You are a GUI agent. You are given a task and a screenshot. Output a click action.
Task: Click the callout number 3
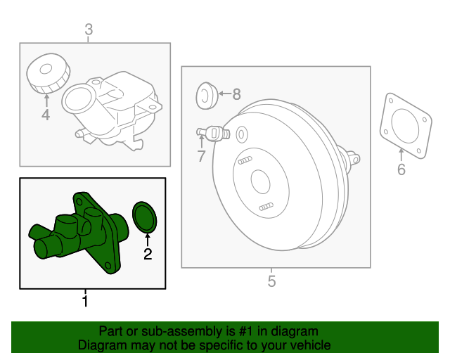(x=89, y=30)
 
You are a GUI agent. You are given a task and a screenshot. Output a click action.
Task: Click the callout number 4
(x=46, y=114)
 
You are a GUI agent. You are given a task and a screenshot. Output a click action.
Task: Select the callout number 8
(x=236, y=94)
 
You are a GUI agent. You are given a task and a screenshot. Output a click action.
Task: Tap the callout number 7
(x=201, y=156)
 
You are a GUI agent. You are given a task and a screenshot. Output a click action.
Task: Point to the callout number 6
(x=401, y=169)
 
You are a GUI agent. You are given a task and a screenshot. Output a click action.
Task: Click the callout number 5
(x=272, y=282)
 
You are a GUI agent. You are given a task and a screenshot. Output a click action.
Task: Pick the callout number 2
(x=148, y=254)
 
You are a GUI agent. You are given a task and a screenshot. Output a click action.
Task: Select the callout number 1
(x=85, y=302)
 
